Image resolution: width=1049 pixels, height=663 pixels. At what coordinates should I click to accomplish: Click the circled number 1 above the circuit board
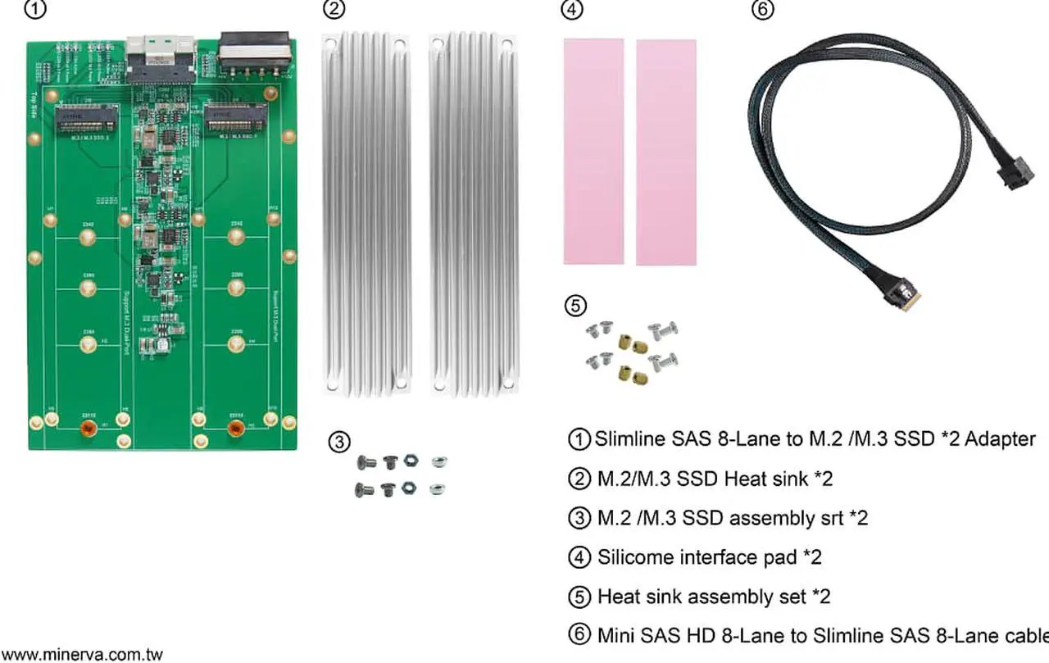coord(35,11)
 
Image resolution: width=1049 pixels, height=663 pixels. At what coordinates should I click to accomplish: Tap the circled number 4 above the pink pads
coord(571,11)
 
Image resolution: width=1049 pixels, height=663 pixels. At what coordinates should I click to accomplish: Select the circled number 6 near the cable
coord(762,11)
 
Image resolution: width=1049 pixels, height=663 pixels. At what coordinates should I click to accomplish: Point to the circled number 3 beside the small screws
coord(338,442)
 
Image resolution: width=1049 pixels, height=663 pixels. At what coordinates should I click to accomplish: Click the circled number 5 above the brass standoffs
coord(576,306)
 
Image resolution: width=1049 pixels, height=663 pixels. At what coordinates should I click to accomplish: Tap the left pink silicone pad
coord(593,152)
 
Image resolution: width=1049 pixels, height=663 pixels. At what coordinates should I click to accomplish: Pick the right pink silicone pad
coord(665,152)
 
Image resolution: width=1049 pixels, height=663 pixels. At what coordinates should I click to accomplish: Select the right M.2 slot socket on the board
coord(236,119)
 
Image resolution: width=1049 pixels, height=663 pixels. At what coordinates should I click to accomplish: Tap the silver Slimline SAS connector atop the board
coord(161,55)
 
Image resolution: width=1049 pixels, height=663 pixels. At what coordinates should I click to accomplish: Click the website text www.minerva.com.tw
coord(83,655)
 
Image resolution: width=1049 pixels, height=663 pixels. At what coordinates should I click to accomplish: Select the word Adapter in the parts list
coord(1000,439)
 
